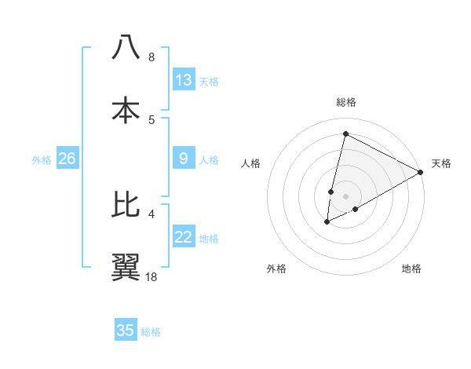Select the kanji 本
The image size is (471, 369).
coord(126,111)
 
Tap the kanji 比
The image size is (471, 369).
coord(126,204)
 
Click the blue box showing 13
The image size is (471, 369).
coord(184,80)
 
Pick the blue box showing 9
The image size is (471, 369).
coord(184,159)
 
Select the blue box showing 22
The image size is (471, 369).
coord(184,237)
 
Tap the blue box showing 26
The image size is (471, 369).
coord(67,159)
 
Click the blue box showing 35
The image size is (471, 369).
coord(126,331)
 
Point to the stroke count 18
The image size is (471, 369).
coord(151,276)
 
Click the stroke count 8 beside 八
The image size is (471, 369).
coord(151,57)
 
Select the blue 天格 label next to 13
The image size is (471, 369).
coord(208,82)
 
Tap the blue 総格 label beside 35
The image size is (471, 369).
coord(151,332)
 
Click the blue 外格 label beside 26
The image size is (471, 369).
coord(42,160)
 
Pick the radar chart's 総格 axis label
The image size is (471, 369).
coord(345,102)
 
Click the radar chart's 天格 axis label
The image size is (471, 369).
coord(441,163)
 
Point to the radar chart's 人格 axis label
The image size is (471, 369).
coord(250,163)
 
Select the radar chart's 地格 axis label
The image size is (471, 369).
coord(411,269)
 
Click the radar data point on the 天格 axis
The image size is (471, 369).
coord(421,172)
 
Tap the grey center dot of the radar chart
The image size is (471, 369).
coord(345,196)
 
